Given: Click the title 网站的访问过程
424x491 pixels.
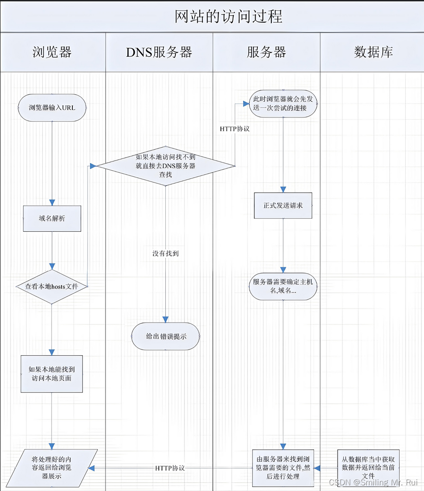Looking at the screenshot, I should click(229, 16).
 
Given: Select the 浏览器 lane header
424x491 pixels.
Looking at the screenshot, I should click(52, 52).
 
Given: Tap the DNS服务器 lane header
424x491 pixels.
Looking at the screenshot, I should click(159, 52).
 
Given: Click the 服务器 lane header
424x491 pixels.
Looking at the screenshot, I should click(266, 52).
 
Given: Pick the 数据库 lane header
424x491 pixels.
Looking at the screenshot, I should click(373, 52).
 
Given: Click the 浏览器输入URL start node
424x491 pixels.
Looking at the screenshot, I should click(52, 107).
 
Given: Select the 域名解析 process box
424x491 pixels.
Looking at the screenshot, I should click(52, 218).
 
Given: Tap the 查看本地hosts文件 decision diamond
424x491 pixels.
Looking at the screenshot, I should click(52, 286).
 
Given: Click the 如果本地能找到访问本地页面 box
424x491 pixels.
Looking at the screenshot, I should click(51, 374).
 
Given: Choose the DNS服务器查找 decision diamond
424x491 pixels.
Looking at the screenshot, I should click(165, 166).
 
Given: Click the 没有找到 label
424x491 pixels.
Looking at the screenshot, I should click(165, 253).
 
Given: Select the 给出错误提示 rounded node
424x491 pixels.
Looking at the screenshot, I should click(165, 336).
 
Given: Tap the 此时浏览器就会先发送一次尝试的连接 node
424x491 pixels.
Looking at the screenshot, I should click(283, 103).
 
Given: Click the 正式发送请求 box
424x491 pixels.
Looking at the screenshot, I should click(283, 205).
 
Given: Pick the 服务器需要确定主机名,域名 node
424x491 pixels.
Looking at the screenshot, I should click(283, 286).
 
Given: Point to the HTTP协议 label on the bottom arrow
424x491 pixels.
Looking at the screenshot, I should click(170, 468).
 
